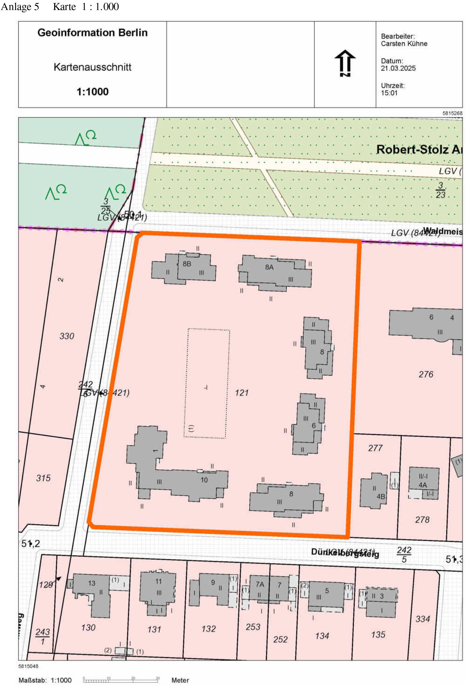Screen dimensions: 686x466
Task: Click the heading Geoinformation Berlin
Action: tap(92, 33)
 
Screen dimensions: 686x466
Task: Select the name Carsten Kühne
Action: tap(404, 44)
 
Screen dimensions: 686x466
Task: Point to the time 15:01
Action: tap(389, 93)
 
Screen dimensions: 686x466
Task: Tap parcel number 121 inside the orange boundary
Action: tap(241, 393)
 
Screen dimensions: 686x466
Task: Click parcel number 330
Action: tap(67, 336)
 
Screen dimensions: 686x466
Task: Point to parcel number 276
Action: tap(426, 374)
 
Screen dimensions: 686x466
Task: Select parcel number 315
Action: tap(43, 478)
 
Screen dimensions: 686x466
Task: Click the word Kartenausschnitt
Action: tap(92, 67)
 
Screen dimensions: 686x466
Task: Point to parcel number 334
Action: tap(422, 619)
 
